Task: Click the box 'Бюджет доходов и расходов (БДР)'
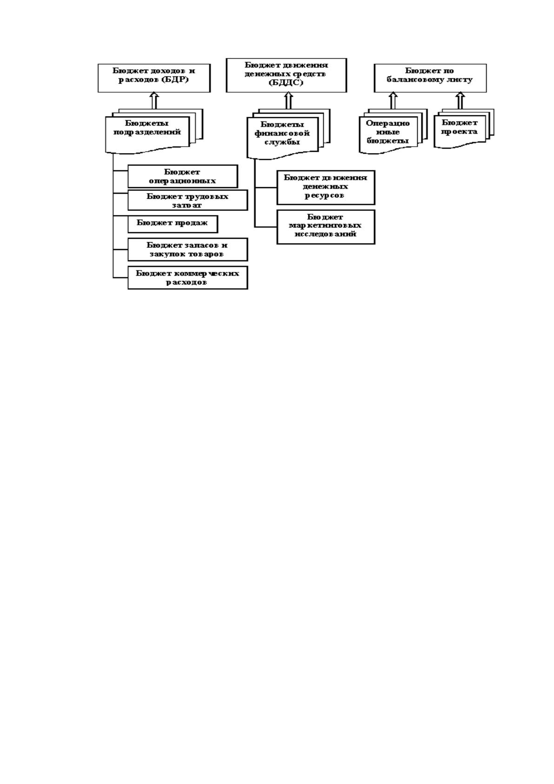click(x=154, y=78)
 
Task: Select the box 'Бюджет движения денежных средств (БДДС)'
click(x=286, y=75)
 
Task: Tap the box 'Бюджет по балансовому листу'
click(x=430, y=78)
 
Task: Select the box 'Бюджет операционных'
click(x=182, y=176)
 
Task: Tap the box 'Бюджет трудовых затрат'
click(x=187, y=200)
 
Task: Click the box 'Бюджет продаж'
click(x=173, y=224)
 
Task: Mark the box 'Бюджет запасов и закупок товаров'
click(x=187, y=250)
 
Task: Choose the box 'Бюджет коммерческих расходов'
click(x=187, y=277)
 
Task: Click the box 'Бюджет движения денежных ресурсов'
click(x=326, y=188)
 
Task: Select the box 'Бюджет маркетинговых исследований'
click(x=326, y=227)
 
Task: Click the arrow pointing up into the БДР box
click(x=154, y=101)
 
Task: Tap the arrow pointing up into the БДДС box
click(x=288, y=101)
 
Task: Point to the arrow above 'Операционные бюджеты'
click(x=393, y=101)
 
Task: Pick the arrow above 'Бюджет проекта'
click(x=460, y=101)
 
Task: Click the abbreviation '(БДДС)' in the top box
click(x=286, y=83)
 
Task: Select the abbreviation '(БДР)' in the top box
click(x=175, y=80)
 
